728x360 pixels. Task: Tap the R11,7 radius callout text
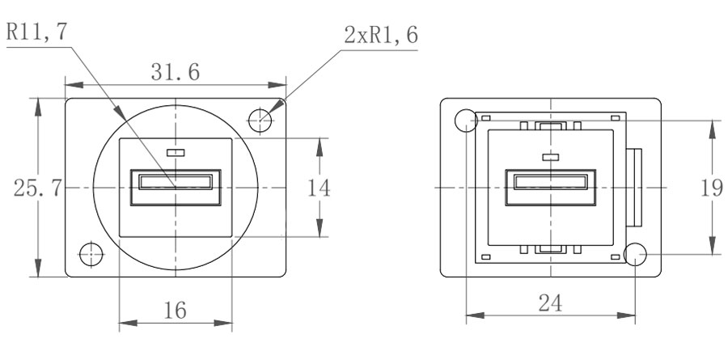(36, 34)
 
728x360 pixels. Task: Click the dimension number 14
(320, 188)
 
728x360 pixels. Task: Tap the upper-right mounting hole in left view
(260, 121)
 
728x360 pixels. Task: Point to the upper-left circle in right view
(465, 121)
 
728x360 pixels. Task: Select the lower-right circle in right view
(636, 255)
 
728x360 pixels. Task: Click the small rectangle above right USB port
(550, 157)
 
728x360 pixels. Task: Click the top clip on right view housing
(550, 126)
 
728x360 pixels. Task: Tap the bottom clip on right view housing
(550, 250)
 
